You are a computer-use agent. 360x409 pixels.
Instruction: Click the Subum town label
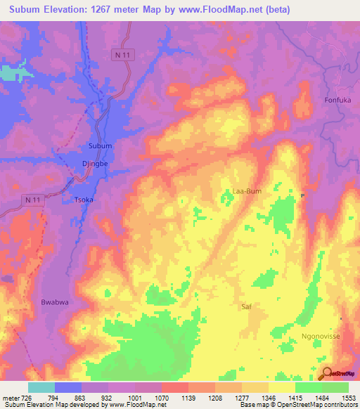[x=100, y=145]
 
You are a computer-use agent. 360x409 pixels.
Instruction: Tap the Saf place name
[x=246, y=307]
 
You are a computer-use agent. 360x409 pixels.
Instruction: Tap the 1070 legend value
[x=162, y=398]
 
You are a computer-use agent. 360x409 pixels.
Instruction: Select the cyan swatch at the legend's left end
[x=41, y=387]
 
